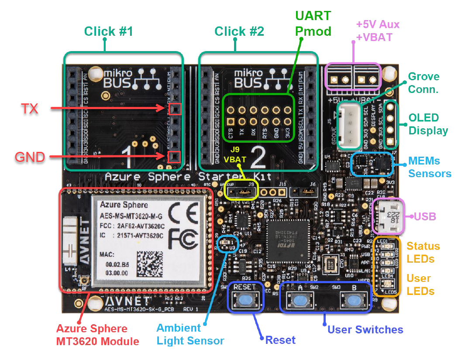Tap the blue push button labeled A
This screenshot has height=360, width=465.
point(300,301)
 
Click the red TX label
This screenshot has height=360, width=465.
point(29,109)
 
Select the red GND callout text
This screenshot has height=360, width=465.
point(30,157)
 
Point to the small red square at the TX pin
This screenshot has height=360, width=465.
point(175,109)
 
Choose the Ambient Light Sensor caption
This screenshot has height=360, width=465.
point(190,334)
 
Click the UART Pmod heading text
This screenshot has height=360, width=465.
point(313,24)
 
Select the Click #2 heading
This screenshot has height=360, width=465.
point(239,31)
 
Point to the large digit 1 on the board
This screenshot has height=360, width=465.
point(127,155)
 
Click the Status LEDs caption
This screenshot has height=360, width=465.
point(423,252)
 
